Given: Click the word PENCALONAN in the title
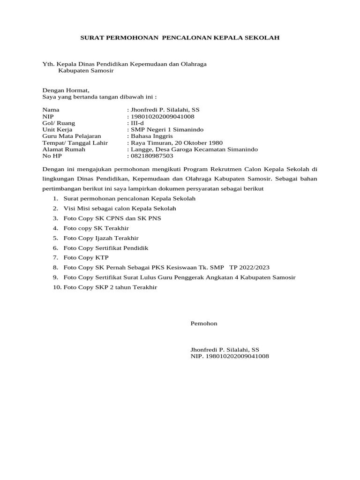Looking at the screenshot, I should (x=190, y=37).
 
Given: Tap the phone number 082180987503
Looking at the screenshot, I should (x=152, y=156).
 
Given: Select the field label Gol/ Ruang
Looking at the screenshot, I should (x=59, y=123).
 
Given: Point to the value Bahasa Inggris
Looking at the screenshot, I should (x=151, y=136).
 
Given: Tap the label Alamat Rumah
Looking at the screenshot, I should (x=64, y=149).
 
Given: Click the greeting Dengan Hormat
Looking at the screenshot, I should (x=66, y=90).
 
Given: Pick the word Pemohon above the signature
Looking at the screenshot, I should (x=204, y=323).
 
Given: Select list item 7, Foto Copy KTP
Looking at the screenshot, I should (x=79, y=257).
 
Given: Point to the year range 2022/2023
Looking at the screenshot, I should (x=256, y=267).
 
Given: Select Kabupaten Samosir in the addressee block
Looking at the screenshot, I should (x=86, y=71).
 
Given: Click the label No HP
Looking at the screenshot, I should (x=52, y=156).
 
